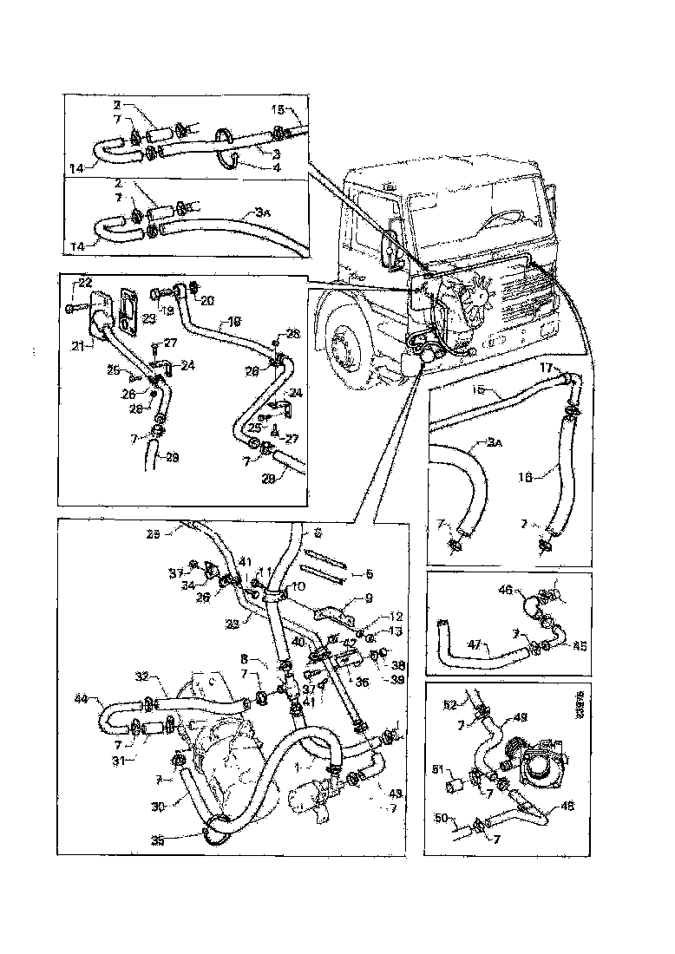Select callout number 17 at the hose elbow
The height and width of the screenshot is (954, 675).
(x=546, y=368)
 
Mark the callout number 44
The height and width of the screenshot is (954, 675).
(x=82, y=697)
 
